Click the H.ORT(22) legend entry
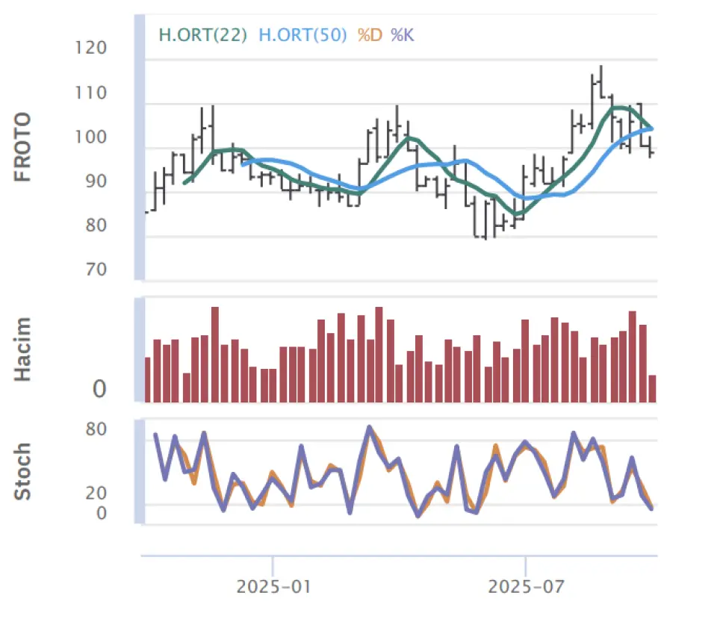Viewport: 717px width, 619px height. click(202, 34)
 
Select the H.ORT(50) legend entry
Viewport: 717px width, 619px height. click(302, 34)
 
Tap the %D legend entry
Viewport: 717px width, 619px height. click(370, 34)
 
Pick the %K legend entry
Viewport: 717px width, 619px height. click(402, 34)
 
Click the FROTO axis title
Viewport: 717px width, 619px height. click(24, 147)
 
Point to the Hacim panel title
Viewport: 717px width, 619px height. click(24, 349)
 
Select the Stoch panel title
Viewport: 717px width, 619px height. click(24, 471)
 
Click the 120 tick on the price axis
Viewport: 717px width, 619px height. click(91, 49)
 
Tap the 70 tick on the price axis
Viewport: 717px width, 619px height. click(96, 269)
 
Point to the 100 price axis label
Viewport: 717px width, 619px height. click(91, 137)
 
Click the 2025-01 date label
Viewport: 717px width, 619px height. click(273, 586)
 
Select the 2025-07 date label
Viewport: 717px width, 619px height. click(525, 586)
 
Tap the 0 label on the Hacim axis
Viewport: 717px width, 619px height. click(99, 389)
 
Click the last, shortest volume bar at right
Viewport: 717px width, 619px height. click(652, 388)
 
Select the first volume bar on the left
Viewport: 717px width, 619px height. click(148, 379)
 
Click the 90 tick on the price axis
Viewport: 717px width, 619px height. click(96, 181)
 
